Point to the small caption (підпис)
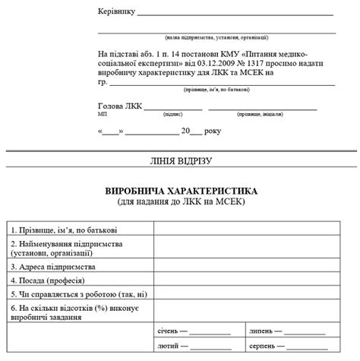point(172,113)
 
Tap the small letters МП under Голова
point(103,113)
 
